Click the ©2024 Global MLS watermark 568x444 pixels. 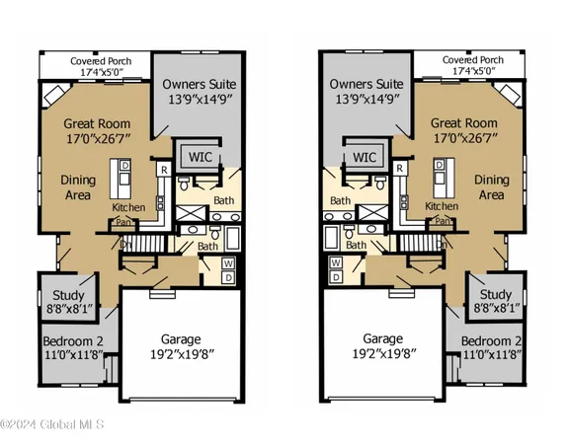[x=50, y=426]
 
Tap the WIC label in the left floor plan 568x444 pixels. [x=195, y=157]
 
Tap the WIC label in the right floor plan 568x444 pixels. [x=365, y=157]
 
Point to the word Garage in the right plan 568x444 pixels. [x=380, y=335]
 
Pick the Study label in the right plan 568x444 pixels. [x=494, y=294]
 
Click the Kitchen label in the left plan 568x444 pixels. [x=129, y=207]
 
